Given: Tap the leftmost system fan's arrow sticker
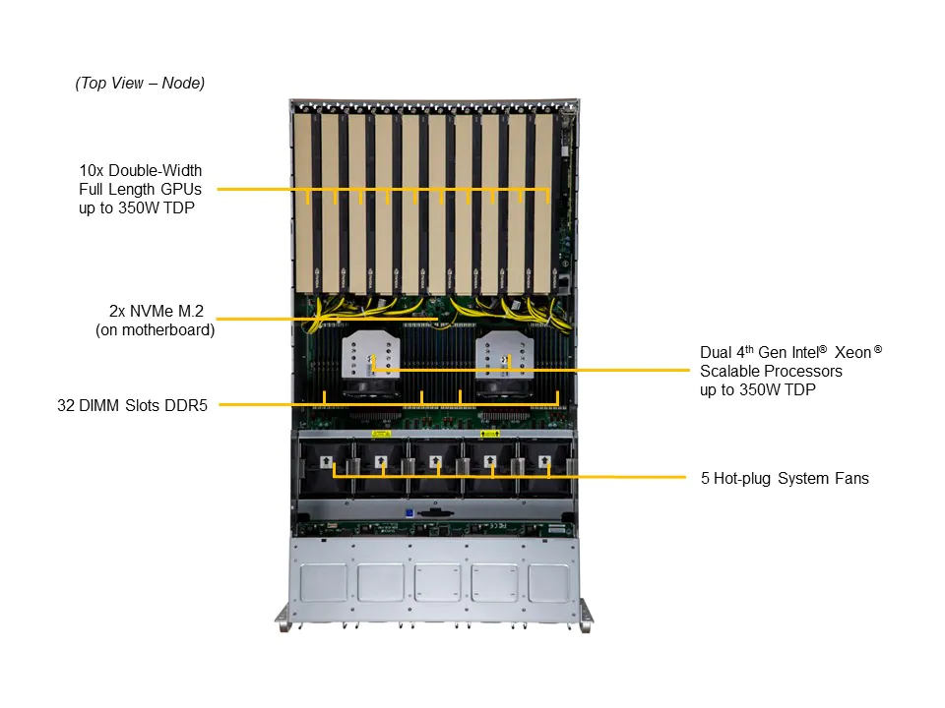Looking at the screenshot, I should coord(326,459).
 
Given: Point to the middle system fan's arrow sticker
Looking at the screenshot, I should coord(436,459).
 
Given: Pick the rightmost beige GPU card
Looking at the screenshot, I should coord(545,197).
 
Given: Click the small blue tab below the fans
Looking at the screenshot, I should coord(409,512).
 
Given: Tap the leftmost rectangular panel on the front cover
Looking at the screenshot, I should coord(324,582).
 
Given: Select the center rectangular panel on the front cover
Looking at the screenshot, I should coord(436,582).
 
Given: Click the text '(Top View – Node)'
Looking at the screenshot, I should coord(140,84).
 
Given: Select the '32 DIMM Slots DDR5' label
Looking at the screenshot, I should coord(132,404).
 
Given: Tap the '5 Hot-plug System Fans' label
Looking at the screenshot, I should coord(785,479).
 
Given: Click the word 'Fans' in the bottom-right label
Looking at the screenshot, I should coord(852,479).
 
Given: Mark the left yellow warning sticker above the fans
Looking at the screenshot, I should coord(381,433).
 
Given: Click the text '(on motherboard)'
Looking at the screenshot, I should coord(155,330).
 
